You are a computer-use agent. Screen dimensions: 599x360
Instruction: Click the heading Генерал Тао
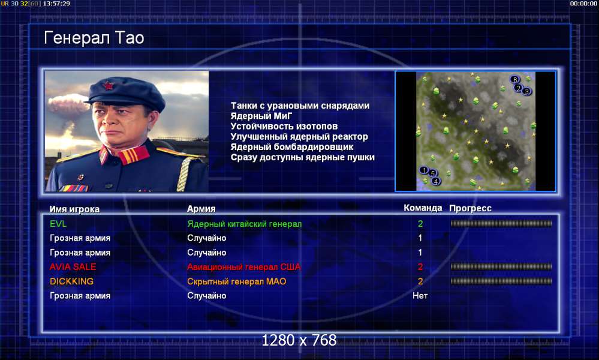point(94,38)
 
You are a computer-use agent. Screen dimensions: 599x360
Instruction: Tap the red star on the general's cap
point(109,85)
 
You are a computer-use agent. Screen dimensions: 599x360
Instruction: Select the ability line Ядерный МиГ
point(261,116)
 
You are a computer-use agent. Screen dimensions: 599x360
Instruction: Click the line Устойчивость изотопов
point(284,126)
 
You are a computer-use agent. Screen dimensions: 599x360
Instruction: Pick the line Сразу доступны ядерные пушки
point(303,157)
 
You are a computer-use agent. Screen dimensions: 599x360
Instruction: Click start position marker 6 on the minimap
point(514,79)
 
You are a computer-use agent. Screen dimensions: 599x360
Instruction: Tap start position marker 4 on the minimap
point(436,182)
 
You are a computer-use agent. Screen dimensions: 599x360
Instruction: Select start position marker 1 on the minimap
point(424,170)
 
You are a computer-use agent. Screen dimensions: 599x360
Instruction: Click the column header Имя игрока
point(74,209)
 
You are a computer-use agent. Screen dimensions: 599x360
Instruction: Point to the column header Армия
point(201,209)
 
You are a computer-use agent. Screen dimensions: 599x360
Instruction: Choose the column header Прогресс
point(470,208)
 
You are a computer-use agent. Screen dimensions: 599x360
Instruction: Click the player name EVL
point(58,224)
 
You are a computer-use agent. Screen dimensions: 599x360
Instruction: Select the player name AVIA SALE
point(73,267)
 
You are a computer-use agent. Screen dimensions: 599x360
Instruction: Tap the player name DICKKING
point(71,281)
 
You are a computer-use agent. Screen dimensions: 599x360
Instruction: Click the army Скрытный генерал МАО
point(236,281)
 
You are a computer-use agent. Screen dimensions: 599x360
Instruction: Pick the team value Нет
point(420,295)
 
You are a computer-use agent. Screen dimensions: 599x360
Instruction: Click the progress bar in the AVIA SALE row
point(501,267)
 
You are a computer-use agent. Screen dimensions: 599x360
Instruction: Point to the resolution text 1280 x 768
point(299,340)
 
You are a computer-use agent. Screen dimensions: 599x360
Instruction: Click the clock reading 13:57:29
point(56,4)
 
